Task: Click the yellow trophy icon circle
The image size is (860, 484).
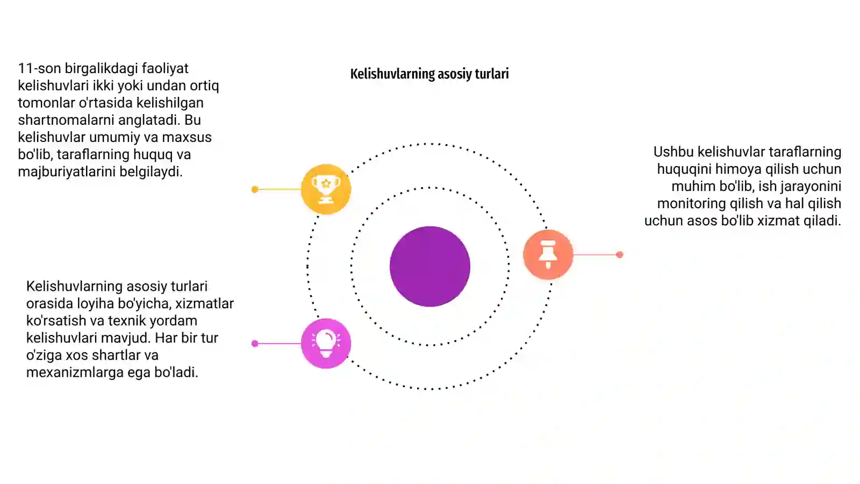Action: click(x=326, y=189)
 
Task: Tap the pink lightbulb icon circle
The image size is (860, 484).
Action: click(x=326, y=344)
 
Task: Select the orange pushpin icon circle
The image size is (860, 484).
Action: click(x=548, y=254)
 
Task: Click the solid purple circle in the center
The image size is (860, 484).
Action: click(x=430, y=267)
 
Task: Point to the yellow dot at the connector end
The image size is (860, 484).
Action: click(x=255, y=189)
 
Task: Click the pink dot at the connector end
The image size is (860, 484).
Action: click(x=255, y=344)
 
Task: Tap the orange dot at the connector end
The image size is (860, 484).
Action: click(x=619, y=255)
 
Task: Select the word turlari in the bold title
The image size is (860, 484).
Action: click(x=492, y=74)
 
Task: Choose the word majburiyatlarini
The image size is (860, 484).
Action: click(x=67, y=172)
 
